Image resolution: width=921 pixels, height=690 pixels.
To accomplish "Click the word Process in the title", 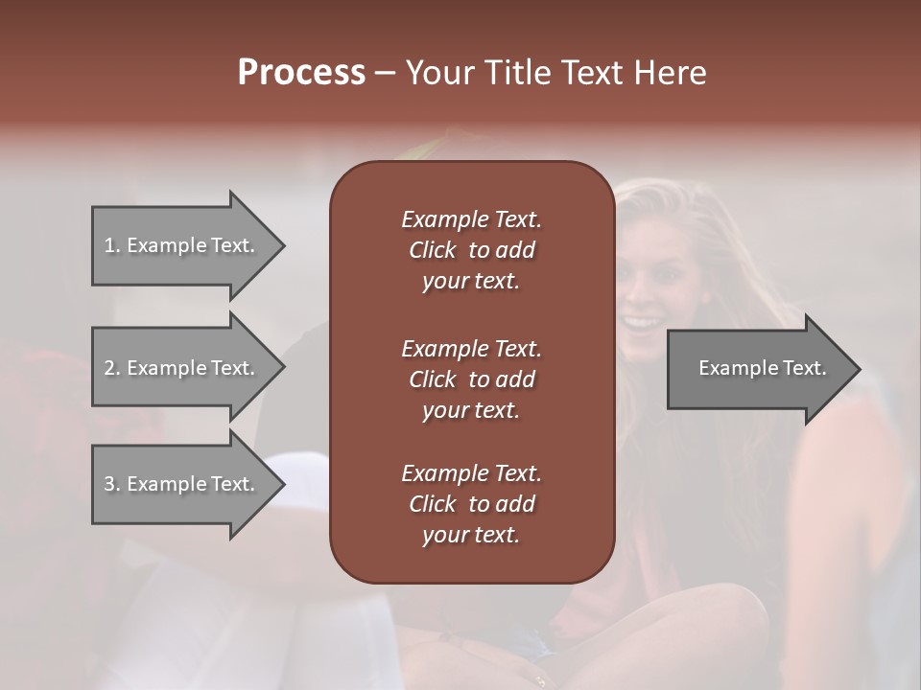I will [301, 72].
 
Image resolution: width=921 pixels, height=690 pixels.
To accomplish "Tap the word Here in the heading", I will [671, 72].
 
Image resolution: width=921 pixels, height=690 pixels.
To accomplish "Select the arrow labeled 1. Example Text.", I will [182, 245].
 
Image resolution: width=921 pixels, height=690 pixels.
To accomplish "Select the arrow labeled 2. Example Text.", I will [182, 368].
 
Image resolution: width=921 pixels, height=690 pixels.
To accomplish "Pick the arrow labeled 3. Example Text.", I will [182, 484].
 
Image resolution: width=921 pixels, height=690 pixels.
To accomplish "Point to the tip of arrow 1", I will [283, 245].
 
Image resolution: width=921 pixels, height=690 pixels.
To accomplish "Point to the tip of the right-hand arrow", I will [859, 369].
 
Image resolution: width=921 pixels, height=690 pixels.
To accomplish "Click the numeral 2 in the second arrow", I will [109, 368].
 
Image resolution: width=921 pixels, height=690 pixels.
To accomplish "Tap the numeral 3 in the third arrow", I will [109, 484].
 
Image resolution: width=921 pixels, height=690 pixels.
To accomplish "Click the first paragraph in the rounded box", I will [471, 250].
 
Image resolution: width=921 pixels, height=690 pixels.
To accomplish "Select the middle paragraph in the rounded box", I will [471, 379].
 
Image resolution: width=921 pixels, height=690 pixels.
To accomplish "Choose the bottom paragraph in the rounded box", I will [471, 504].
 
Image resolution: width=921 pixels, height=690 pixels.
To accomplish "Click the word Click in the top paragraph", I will [432, 250].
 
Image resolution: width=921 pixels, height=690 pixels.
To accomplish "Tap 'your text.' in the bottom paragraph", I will [471, 535].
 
